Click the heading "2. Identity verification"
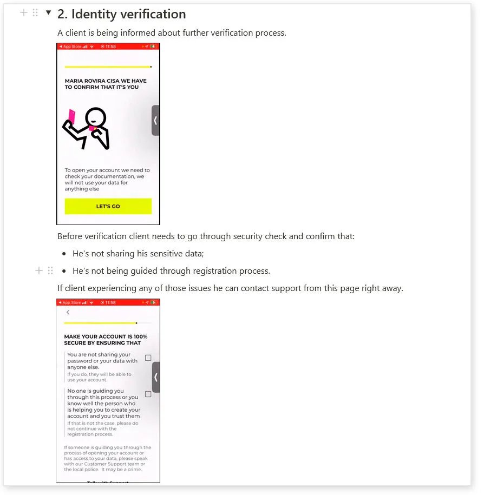121,14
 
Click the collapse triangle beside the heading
48,12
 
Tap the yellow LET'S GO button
108,206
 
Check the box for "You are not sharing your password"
148,358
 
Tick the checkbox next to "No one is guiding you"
148,394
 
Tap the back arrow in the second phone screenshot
68,312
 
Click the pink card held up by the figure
71,115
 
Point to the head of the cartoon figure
96,117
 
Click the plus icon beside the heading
23,12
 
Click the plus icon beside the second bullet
38,270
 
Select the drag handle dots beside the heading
35,12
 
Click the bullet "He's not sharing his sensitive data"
138,254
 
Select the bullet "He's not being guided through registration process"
171,270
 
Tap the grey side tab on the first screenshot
155,120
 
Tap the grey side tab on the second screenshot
155,377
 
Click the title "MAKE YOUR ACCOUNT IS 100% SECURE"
106,340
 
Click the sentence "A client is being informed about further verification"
172,33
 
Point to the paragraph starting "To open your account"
107,180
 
